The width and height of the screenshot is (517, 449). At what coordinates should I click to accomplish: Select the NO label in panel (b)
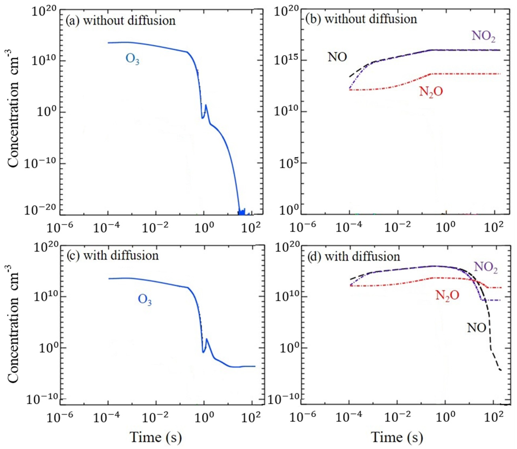click(337, 57)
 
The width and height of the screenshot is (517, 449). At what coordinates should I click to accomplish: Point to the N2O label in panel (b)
click(431, 92)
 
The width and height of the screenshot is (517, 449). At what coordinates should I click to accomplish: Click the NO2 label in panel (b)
click(484, 37)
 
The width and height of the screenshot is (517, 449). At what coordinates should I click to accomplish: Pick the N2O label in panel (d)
click(447, 296)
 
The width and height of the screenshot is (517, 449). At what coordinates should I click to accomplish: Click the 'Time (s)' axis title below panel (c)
click(155, 437)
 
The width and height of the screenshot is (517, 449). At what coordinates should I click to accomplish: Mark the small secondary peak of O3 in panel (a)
click(206, 105)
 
